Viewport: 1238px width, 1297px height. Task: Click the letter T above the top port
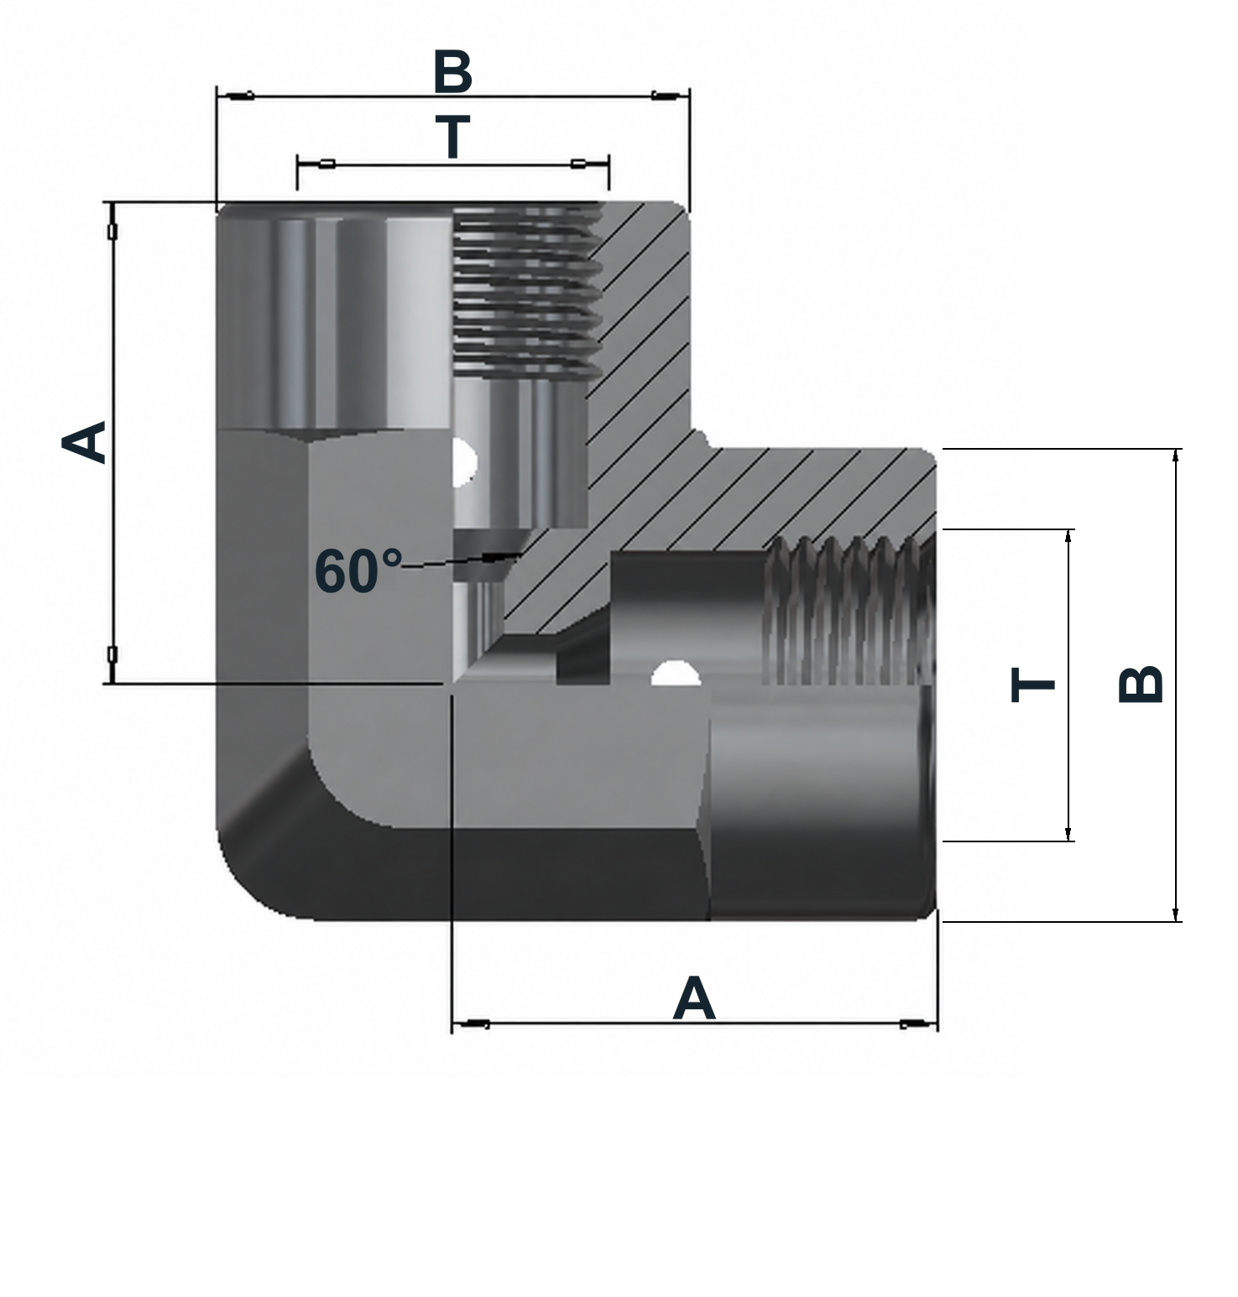tap(452, 137)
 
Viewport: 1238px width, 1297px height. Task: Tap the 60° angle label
tap(358, 571)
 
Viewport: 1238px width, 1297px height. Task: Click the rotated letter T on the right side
tap(1032, 685)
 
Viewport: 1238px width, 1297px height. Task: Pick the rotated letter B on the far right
tap(1141, 684)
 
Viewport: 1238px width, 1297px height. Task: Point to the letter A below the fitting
tap(694, 998)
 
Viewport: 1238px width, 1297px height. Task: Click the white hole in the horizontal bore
tap(676, 673)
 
